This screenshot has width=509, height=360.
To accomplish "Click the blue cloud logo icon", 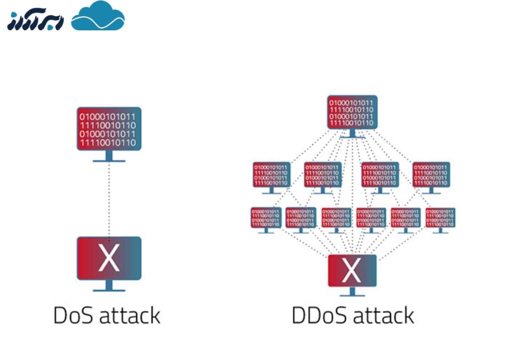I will (98, 17).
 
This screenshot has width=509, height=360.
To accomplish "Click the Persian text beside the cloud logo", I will (35, 21).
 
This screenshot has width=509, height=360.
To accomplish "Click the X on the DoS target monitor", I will (109, 258).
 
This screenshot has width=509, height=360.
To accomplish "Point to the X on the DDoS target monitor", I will (352, 270).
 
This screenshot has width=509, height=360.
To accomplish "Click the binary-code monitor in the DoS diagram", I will (109, 128).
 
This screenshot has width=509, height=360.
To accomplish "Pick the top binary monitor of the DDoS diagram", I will (352, 112).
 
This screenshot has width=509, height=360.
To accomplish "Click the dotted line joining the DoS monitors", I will (109, 199).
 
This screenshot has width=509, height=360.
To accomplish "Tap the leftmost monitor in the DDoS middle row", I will (271, 175).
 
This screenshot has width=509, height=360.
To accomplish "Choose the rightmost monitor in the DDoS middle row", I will (431, 175).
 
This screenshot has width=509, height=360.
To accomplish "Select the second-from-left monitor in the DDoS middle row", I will (323, 175).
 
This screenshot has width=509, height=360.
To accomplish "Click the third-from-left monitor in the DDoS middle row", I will (380, 175).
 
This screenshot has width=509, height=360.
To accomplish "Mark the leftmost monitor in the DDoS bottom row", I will (266, 218).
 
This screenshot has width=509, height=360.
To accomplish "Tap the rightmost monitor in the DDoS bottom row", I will (440, 218).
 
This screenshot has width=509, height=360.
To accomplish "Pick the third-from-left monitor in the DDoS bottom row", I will (337, 218).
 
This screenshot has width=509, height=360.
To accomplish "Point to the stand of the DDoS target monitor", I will (352, 292).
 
